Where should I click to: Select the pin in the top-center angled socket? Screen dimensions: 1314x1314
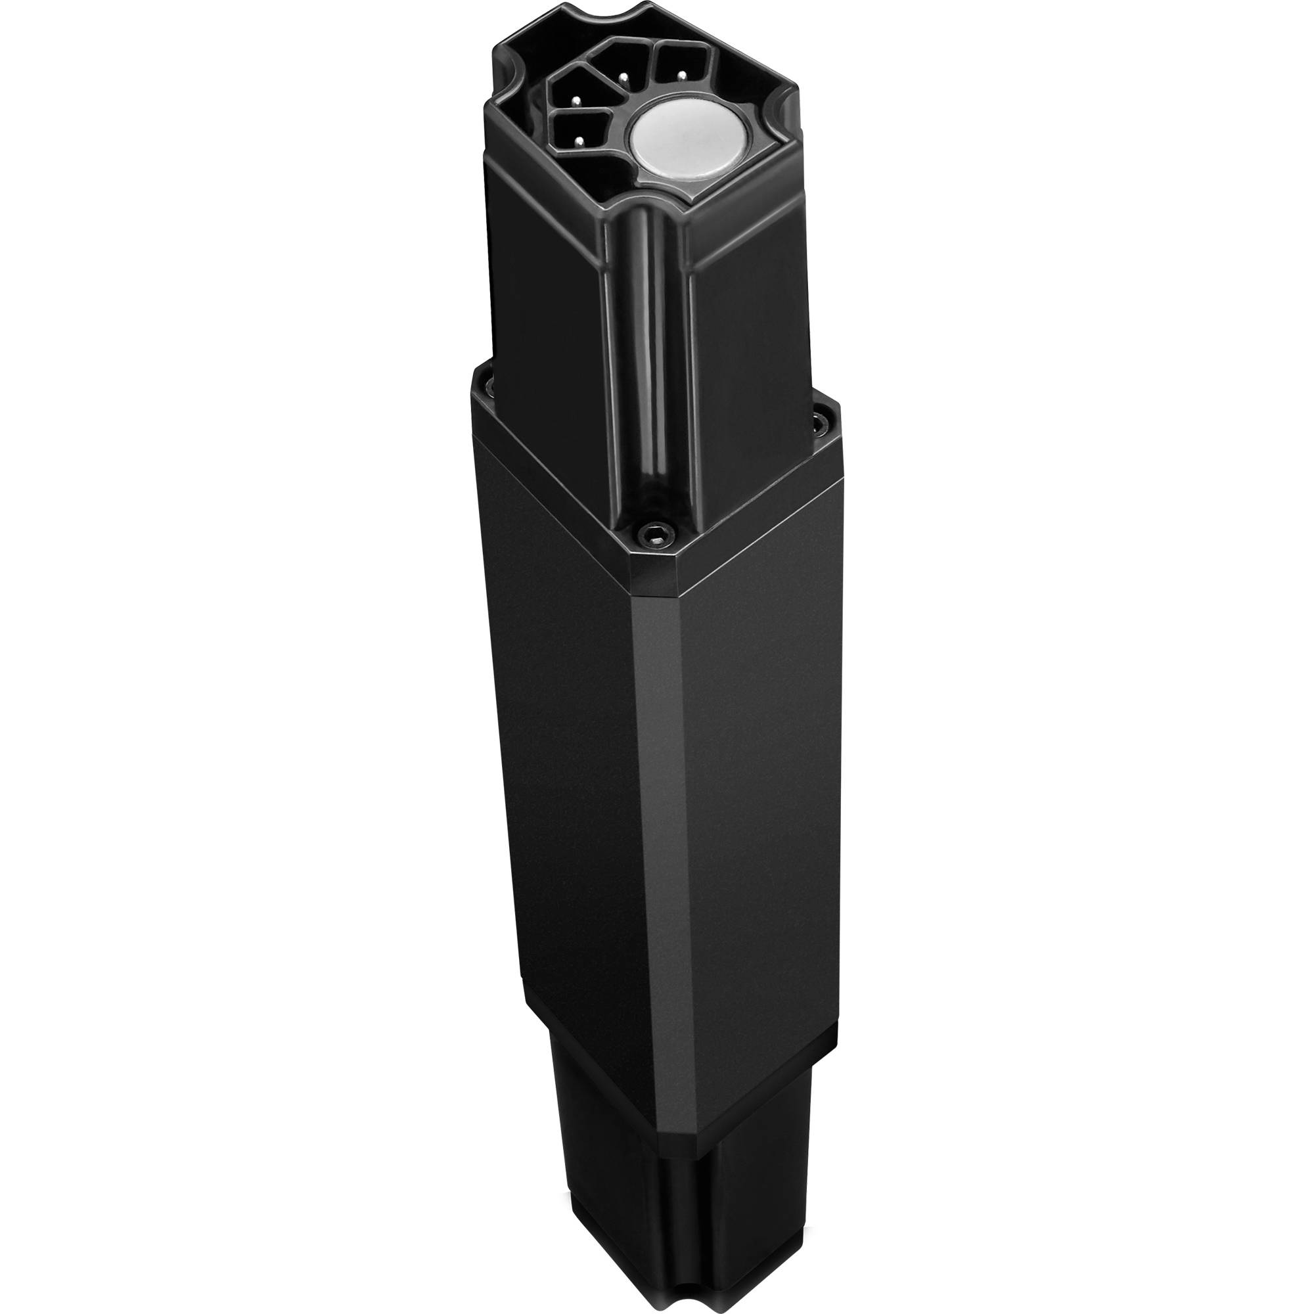point(622,77)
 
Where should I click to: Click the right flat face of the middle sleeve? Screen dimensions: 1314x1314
point(755,782)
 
